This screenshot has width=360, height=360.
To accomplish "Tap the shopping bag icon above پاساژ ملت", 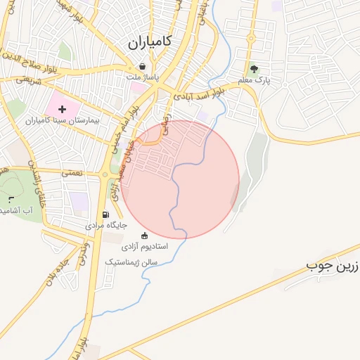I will point(143,67).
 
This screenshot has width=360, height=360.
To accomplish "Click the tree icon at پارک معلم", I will point(255,69).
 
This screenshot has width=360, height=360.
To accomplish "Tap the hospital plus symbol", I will point(63,109).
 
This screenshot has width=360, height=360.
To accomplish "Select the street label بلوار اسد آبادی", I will point(200,92).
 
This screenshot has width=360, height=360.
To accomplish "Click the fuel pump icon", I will point(106,214).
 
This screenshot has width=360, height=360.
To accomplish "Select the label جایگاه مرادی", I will point(106,226).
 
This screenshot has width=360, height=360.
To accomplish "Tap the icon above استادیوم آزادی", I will point(145,236).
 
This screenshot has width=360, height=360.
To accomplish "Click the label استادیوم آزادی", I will point(145,247).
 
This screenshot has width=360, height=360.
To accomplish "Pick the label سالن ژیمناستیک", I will point(131,262).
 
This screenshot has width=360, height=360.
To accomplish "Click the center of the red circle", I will point(180,179).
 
